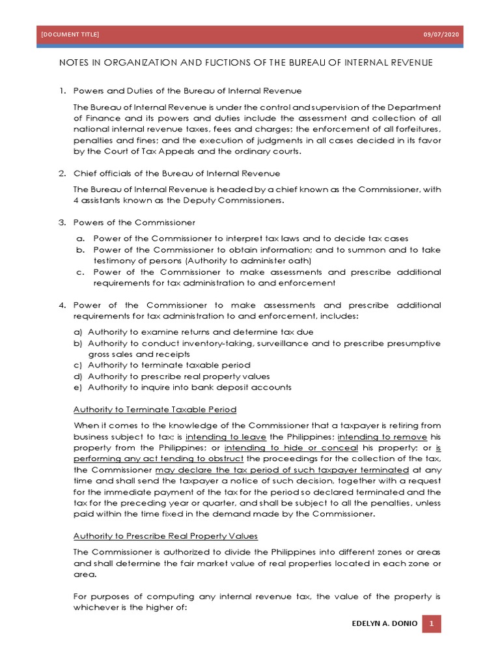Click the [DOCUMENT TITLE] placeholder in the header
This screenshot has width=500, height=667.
pos(70,35)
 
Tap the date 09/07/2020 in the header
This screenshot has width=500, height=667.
pos(441,35)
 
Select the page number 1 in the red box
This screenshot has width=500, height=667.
pos(431,624)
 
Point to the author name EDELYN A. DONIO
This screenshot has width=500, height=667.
pos(383,624)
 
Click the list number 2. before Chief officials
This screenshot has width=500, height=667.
pos(62,173)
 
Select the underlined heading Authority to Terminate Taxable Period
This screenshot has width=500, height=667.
pos(155,409)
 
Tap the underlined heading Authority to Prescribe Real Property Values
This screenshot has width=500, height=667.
pos(165,535)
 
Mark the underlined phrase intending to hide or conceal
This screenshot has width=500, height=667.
pos(291,448)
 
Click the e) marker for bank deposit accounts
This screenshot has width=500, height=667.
pos(77,388)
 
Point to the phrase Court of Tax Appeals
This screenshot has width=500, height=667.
pos(134,151)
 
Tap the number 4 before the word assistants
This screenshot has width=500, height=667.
pos(76,201)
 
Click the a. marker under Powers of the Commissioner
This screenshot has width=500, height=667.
pos(80,239)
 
